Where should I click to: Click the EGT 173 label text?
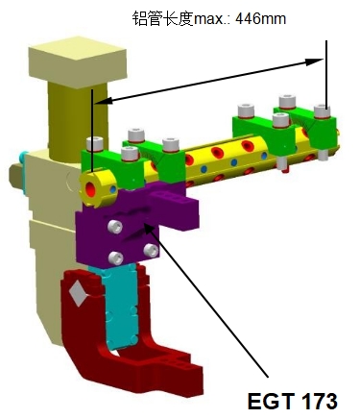292,401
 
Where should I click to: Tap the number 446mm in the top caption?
260,19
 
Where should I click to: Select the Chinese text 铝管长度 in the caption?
163,18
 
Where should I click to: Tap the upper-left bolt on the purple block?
115,227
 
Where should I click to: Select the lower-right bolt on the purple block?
151,251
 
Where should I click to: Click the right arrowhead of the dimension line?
315,61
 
